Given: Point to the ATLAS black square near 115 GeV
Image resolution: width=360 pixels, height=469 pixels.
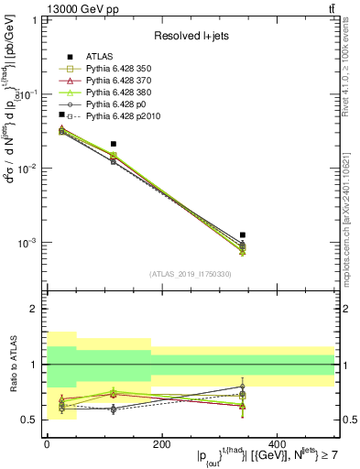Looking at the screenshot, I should tap(113, 144).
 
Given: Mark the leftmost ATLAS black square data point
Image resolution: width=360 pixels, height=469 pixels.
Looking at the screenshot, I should tap(62, 115).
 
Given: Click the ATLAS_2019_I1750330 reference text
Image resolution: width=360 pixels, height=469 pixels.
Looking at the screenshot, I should tap(191, 274).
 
